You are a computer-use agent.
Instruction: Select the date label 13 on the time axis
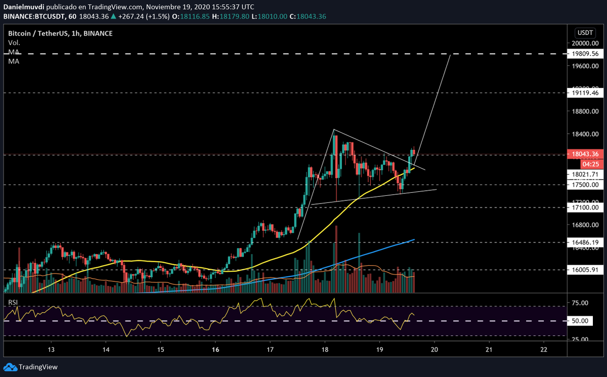[51, 350]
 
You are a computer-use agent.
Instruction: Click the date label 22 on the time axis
[544, 350]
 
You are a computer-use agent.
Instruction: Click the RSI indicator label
[13, 303]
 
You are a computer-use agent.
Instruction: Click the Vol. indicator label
[14, 43]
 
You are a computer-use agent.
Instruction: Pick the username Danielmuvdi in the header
[25, 7]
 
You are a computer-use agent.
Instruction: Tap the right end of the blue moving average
[414, 239]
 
